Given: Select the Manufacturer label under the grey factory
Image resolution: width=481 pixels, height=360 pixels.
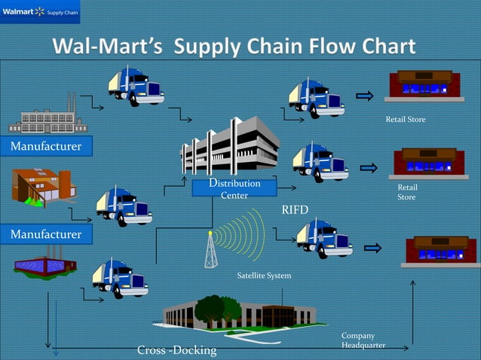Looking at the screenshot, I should tap(46, 145).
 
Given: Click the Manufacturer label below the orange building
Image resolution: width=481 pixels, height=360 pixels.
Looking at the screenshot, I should tap(46, 235).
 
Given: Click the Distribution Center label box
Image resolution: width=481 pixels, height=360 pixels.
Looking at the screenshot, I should tap(234, 189).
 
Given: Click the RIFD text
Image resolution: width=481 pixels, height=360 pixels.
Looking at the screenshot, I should tap(295, 209).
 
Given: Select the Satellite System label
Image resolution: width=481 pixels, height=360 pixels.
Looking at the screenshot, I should tap(264, 276).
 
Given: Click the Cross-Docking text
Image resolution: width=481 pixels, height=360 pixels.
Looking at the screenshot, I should tap(176, 350).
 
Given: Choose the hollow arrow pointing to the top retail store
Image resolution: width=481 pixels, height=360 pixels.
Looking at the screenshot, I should tap(365, 96).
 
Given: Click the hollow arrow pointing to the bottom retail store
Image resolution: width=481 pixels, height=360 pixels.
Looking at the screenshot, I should tap(372, 247).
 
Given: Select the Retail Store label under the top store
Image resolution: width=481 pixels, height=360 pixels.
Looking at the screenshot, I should tap(405, 120).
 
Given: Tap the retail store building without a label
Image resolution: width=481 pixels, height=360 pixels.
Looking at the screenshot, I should tap(440, 252).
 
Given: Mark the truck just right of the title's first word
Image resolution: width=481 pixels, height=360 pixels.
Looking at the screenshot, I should tap(136, 86).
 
